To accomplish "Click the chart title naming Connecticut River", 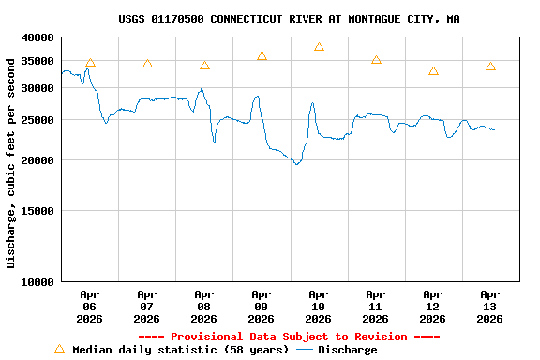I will point(289,19).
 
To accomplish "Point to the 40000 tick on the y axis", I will point(39,37).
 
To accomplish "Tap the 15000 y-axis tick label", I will point(39,211).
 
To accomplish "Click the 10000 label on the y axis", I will point(39,281).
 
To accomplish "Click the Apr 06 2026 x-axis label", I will point(89,306).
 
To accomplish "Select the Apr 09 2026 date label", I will point(261,306).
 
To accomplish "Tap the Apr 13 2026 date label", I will point(489,306).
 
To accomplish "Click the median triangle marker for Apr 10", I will point(319,47).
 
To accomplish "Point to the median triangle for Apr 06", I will point(90,63).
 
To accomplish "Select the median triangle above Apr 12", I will point(433,71).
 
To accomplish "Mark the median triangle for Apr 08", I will point(204,66).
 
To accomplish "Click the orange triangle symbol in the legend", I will point(59,349).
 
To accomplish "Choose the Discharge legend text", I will point(347,350).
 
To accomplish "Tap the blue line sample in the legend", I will point(305,350).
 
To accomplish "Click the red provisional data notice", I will point(289,337).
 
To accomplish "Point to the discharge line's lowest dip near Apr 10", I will point(296,164).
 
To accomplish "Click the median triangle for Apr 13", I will point(490,67).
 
